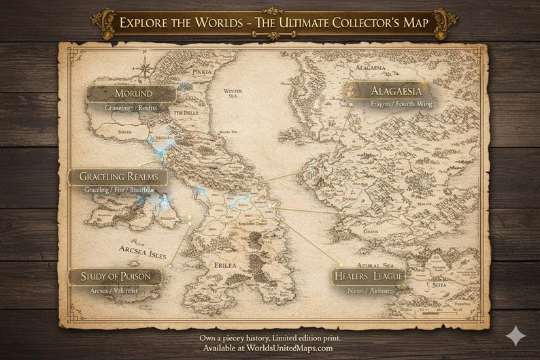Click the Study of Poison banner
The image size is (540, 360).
[116, 276]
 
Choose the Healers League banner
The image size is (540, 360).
[367, 276]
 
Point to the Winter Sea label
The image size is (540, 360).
[234, 94]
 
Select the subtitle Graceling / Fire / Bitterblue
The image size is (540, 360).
[119, 191]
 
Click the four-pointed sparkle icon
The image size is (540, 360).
[518, 336]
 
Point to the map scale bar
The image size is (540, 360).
[436, 314]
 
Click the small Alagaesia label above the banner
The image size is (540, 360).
[371, 69]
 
